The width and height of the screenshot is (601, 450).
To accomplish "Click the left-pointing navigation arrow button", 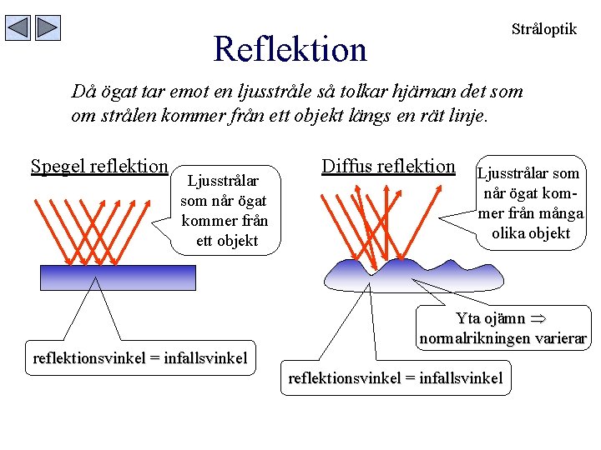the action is (18, 28).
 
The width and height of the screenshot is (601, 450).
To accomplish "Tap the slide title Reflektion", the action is (290, 49).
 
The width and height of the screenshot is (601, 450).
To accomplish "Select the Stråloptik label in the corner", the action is (543, 29).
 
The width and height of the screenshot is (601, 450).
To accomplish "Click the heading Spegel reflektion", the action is (99, 166).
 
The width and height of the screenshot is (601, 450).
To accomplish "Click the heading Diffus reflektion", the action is (388, 166).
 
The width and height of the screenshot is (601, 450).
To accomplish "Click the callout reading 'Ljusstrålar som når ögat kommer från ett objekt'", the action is (223, 210).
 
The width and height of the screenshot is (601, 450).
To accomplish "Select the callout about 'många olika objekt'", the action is (531, 203).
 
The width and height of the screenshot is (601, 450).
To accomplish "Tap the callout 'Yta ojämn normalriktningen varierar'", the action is (503, 328).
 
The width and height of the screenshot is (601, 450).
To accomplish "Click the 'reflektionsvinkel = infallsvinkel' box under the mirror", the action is (139, 359).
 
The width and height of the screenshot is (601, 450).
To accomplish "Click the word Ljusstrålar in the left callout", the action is (222, 181).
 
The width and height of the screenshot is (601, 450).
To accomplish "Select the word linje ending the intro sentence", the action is (465, 115).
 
